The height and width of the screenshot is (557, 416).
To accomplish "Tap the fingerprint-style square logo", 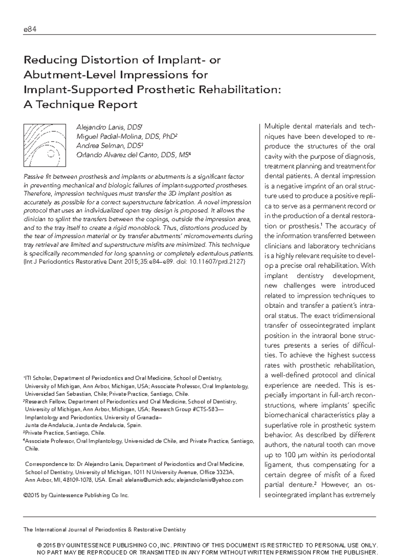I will pyautogui.click(x=44, y=145).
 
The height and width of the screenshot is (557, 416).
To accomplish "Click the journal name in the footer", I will pyautogui.click(x=104, y=530).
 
